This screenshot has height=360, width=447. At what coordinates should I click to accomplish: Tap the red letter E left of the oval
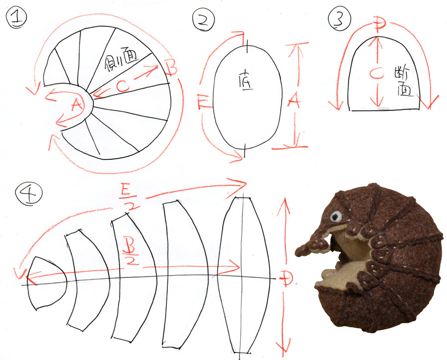coord(202,103)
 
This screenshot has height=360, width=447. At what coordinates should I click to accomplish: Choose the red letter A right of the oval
coord(294,101)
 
